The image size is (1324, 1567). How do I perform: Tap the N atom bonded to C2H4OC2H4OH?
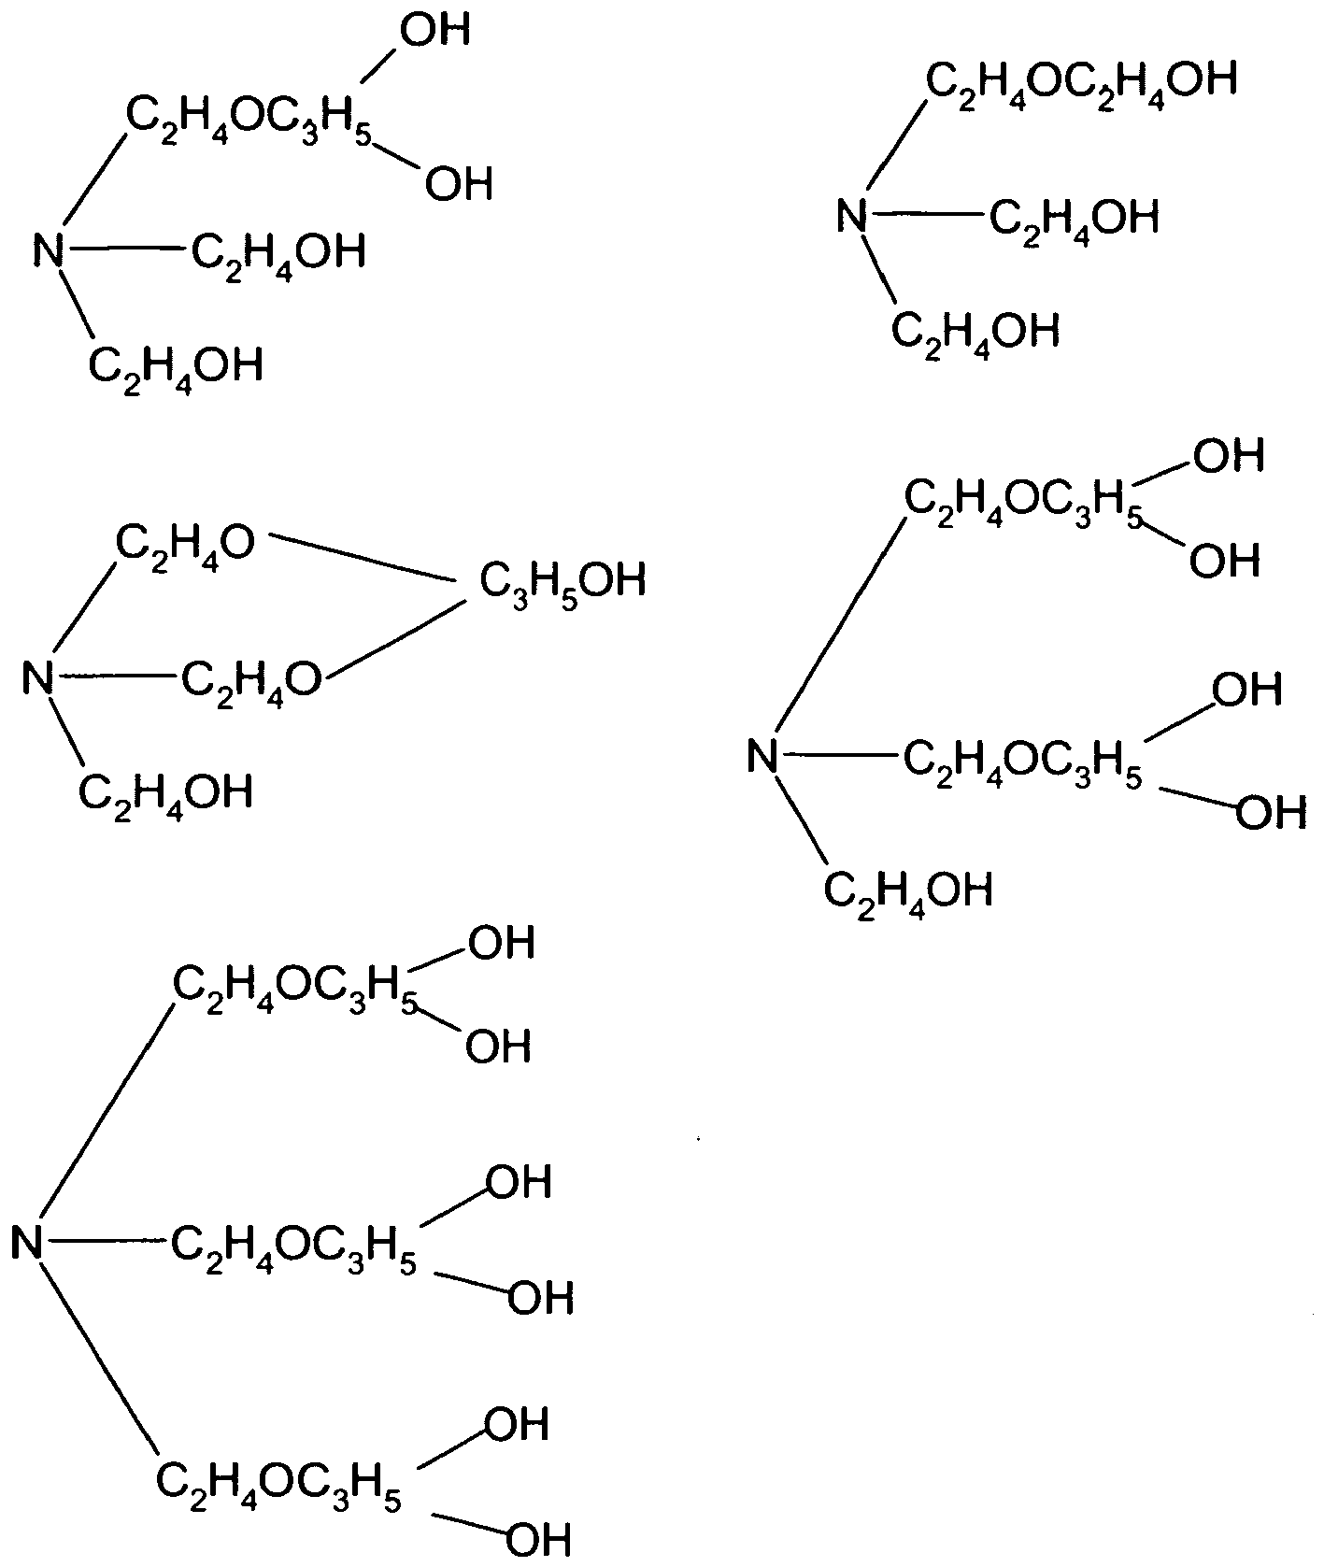[851, 216]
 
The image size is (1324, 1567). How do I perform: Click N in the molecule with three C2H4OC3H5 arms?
[28, 1242]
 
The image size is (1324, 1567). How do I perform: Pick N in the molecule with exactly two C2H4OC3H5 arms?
[763, 755]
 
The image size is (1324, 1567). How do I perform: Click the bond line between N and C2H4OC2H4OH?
[896, 138]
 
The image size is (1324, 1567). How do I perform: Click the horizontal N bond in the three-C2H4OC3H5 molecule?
[107, 1242]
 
